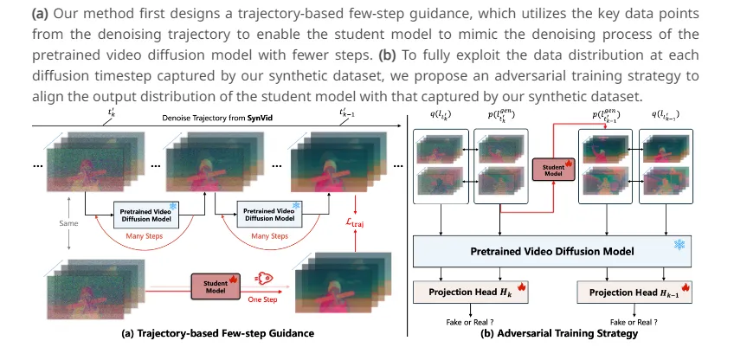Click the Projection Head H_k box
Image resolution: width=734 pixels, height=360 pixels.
(x=471, y=292)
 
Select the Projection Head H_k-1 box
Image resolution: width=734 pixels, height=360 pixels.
(x=634, y=292)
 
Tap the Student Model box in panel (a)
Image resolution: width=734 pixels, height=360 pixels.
(x=216, y=286)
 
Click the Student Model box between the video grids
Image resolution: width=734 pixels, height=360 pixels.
(x=553, y=170)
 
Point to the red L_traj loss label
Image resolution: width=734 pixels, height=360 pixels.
(x=354, y=222)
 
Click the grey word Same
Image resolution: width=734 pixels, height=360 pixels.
(x=69, y=223)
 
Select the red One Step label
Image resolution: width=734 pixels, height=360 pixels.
(x=262, y=299)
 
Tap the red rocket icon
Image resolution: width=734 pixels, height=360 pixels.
(x=264, y=279)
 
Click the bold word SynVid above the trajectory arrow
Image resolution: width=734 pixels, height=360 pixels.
(x=259, y=119)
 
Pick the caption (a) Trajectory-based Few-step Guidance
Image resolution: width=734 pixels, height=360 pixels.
(x=217, y=333)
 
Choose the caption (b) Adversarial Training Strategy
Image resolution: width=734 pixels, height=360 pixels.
(x=559, y=333)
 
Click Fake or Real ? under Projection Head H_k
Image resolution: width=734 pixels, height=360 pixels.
(x=470, y=322)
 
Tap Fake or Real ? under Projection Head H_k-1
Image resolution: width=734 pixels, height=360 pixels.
(x=634, y=322)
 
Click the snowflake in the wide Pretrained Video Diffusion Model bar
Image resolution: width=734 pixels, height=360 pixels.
(x=679, y=244)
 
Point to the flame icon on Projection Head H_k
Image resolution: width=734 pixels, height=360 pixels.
(x=521, y=286)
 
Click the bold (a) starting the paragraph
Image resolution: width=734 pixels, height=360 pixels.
(x=41, y=14)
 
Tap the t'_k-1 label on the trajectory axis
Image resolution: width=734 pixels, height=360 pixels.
(x=346, y=112)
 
